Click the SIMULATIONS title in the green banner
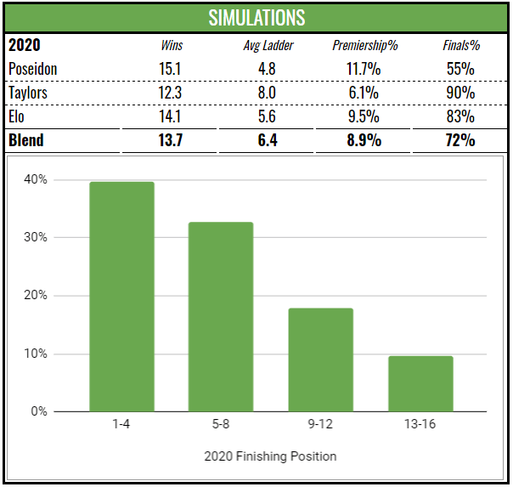[x=256, y=17]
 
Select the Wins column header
[x=172, y=45]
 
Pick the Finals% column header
[x=459, y=45]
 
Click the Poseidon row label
[x=33, y=68]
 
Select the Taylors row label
[x=28, y=92]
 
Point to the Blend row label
[x=26, y=140]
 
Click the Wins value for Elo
[x=172, y=116]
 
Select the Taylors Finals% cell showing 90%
[x=459, y=92]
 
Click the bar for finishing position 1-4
[x=122, y=297]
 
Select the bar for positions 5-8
[x=221, y=317]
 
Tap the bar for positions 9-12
[x=320, y=360]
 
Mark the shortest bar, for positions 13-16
[x=420, y=384]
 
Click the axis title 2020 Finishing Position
[x=270, y=456]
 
